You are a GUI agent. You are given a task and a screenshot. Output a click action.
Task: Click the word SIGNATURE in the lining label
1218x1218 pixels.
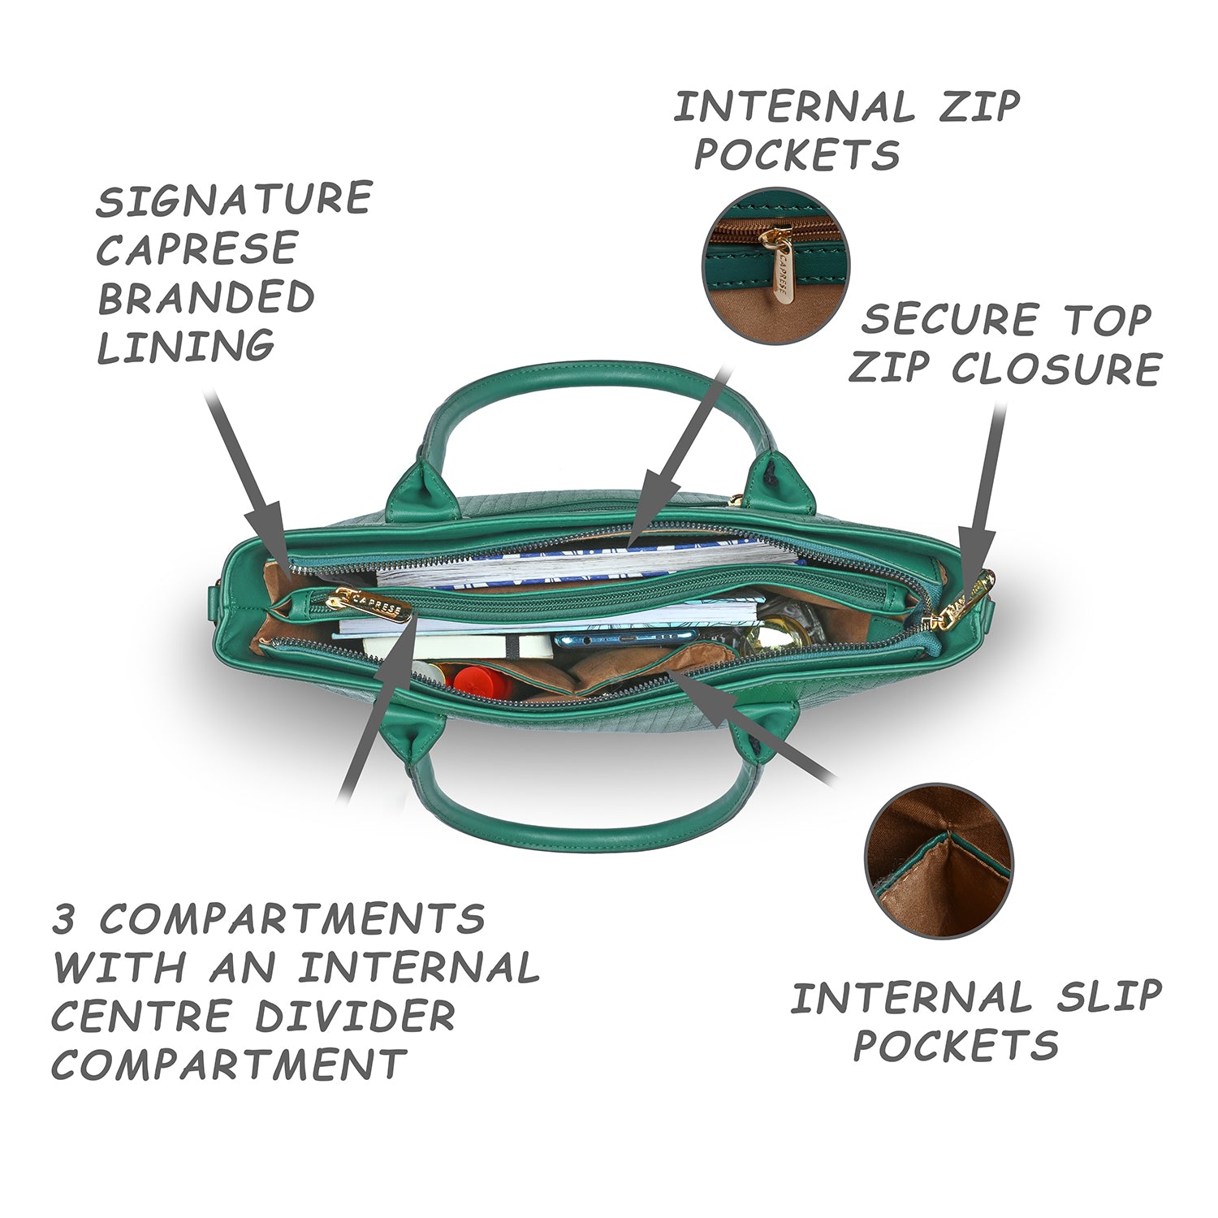pyautogui.click(x=235, y=200)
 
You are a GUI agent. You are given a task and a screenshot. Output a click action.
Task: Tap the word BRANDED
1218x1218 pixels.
pyautogui.click(x=206, y=297)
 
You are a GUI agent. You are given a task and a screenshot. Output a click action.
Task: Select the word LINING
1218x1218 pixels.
pyautogui.click(x=186, y=346)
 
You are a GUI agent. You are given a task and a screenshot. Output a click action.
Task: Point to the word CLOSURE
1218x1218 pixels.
pyautogui.click(x=1056, y=369)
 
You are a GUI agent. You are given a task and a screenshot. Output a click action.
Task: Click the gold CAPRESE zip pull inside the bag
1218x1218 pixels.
pyautogui.click(x=369, y=605)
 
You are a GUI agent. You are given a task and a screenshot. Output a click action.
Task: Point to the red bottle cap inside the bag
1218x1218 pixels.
pyautogui.click(x=482, y=680)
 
